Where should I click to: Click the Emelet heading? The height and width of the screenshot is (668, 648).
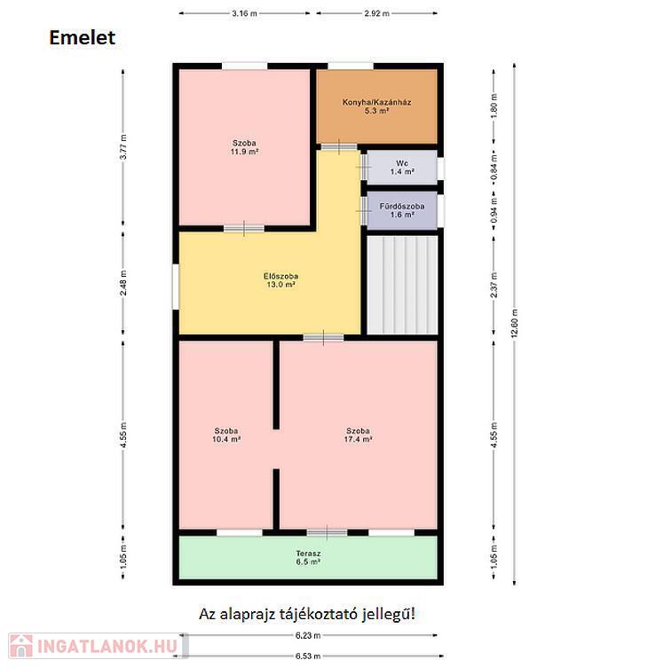coord(83,37)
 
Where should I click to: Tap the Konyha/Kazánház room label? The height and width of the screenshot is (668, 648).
coord(377,106)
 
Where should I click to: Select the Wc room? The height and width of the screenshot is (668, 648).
coord(402,167)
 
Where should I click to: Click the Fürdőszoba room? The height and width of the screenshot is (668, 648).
coord(402,210)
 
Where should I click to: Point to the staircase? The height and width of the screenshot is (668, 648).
coord(402,285)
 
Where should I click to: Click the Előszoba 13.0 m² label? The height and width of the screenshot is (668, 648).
coord(281,280)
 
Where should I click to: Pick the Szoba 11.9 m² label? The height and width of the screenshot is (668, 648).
coord(244,147)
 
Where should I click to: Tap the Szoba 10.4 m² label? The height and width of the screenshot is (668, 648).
coord(226,435)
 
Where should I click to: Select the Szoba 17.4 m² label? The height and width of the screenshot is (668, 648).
coord(358,435)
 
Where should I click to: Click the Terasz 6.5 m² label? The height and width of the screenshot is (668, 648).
coord(308,558)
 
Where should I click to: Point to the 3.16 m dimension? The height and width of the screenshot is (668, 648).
coord(244,13)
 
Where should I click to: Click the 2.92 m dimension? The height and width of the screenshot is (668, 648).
coord(377,13)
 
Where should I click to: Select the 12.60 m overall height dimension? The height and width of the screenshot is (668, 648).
coord(514,324)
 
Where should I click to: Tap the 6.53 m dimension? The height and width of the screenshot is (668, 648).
coord(308,656)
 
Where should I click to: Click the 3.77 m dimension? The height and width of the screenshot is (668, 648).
coord(123,147)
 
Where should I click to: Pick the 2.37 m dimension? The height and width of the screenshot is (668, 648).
coord(494,285)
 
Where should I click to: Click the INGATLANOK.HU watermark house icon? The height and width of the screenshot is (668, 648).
coord(21,646)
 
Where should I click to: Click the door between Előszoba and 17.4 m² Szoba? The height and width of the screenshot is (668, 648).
coord(324,337)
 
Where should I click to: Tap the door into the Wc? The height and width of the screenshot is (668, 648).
coord(364,167)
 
